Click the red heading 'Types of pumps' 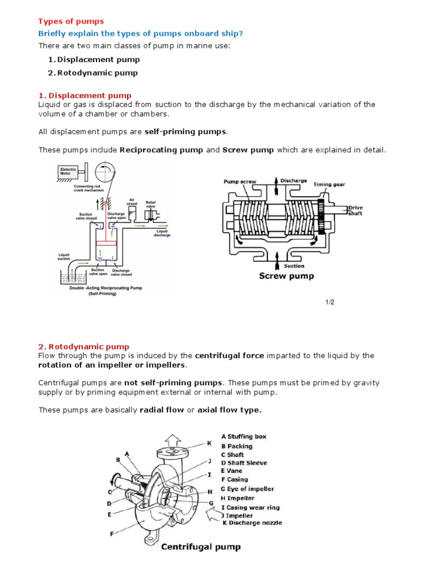tap(71, 21)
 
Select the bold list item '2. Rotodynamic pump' tap(93, 72)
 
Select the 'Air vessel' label tap(132, 202)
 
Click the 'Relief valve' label tap(151, 204)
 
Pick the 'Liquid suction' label tap(66, 256)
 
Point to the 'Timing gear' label tap(329, 185)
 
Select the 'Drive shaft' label tap(355, 210)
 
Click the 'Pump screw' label tap(240, 182)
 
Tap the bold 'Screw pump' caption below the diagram tap(286, 276)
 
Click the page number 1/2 tap(329, 302)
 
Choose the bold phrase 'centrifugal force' tap(229, 356)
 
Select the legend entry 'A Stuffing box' tap(243, 437)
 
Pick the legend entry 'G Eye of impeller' tap(247, 489)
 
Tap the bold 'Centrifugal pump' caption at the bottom tap(200, 547)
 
